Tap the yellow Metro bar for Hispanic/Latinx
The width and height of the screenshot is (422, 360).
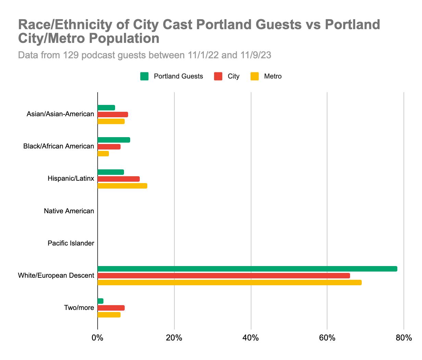point(122,186)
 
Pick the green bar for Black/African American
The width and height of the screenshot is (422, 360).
point(114,140)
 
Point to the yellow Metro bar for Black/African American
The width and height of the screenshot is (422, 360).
point(103,154)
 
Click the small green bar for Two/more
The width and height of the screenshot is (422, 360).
point(100,301)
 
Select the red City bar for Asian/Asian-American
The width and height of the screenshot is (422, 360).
point(113,115)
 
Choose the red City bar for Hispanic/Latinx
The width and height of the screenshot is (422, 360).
point(119,179)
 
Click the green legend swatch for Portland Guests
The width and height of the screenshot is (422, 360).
point(144,76)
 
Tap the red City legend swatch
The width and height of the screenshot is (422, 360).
point(218,76)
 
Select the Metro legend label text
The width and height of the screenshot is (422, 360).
point(273,76)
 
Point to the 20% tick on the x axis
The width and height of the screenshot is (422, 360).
point(174,338)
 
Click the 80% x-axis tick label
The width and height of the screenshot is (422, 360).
point(404,338)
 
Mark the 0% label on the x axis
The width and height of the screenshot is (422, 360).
point(98,338)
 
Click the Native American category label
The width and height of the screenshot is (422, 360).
point(69,211)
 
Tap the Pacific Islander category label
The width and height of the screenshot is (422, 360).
point(71,243)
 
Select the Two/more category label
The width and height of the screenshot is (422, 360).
point(79,308)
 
